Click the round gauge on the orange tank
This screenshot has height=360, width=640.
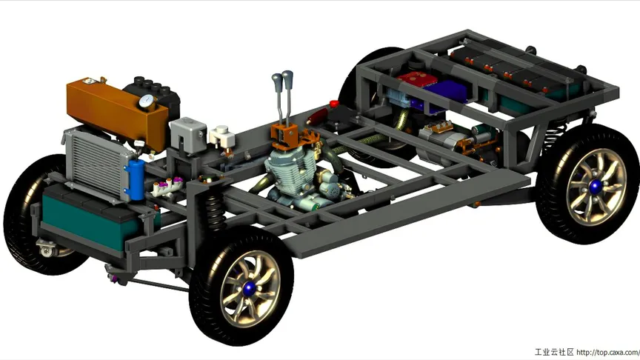coord(146,101)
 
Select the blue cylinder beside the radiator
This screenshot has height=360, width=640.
coord(136,179)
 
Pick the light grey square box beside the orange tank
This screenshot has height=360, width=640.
coord(187,133)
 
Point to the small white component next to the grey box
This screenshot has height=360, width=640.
coord(222,137)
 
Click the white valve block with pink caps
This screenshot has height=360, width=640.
coord(167,187)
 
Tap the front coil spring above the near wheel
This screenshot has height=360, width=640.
coord(214,210)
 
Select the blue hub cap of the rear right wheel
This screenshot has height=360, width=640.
coord(596,187)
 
